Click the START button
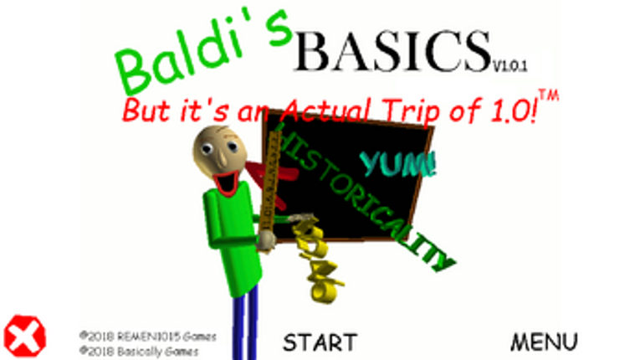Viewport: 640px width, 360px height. [x=320, y=342]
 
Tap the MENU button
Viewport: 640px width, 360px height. [x=544, y=342]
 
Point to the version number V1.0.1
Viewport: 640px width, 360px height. [x=510, y=64]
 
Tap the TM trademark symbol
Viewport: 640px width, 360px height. [x=548, y=96]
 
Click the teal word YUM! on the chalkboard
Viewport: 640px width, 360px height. [x=398, y=163]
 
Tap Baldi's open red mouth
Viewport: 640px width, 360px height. [x=227, y=178]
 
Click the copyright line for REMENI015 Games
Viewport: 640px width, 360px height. [x=148, y=336]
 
